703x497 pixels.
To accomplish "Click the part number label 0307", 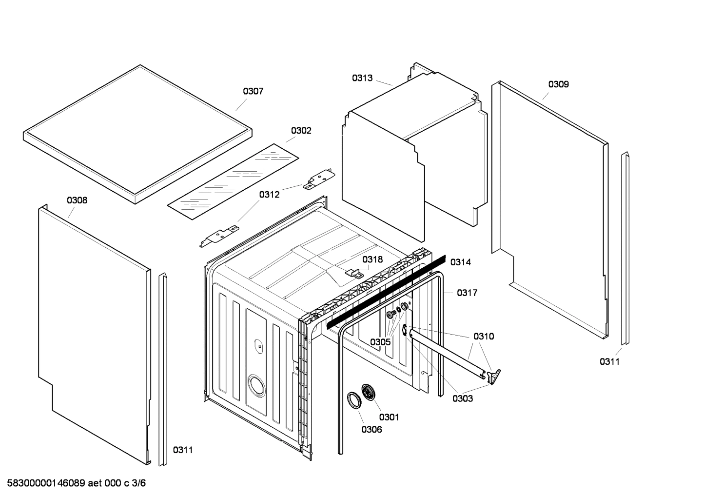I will (253, 91).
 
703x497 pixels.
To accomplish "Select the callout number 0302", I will (301, 131).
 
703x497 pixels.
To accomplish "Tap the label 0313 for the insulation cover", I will (362, 78).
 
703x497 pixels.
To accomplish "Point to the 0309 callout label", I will (558, 84).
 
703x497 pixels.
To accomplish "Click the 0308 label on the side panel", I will (77, 200).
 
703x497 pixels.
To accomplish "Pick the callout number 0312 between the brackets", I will (269, 195).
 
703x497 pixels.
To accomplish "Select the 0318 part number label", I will (372, 259).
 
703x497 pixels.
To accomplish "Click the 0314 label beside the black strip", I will (460, 262).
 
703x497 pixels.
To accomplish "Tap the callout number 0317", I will (467, 293).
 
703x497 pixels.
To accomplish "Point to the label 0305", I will (380, 342).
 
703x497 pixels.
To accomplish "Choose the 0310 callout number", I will (483, 336).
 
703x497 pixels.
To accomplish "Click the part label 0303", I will (462, 398).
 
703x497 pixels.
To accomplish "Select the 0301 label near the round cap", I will (389, 417).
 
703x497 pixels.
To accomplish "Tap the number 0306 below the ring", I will (371, 430).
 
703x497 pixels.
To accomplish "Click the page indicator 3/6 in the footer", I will (139, 483).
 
